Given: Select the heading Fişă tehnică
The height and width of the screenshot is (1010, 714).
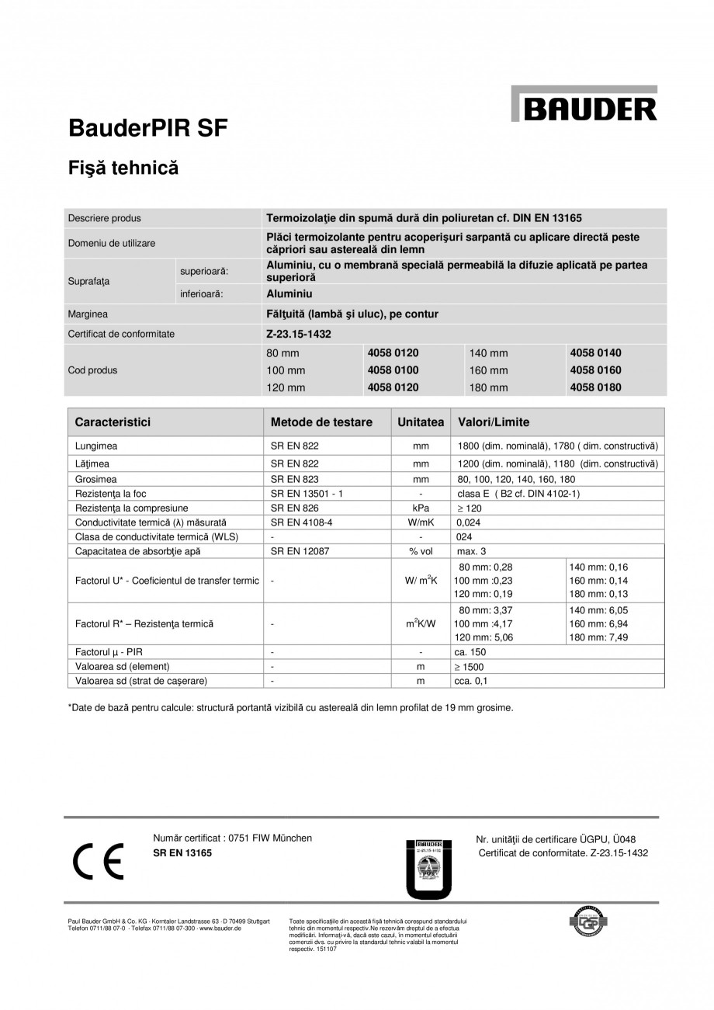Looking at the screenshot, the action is tap(123, 168).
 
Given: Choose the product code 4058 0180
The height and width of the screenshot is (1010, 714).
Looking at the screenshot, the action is tap(595, 387).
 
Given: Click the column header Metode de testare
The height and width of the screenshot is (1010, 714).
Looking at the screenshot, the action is tap(321, 422).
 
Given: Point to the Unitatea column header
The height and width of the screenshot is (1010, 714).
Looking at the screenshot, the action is tap(421, 422).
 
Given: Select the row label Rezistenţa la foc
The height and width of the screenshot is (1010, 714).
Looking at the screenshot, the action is tap(111, 494).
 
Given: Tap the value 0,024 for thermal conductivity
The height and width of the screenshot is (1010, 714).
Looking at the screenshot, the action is tap(467, 522).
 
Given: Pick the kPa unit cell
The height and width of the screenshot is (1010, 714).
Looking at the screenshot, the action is tap(420, 508).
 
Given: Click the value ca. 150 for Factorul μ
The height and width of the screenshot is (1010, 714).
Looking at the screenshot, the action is tap(470, 653).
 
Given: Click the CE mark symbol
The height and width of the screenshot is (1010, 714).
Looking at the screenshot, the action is tap(98, 862).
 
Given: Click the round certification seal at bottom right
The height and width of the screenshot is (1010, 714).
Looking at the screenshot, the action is tap(590, 921).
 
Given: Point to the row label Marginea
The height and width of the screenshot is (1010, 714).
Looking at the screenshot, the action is tap(88, 314).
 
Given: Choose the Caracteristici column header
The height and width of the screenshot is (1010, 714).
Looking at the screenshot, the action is tap(113, 422).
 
